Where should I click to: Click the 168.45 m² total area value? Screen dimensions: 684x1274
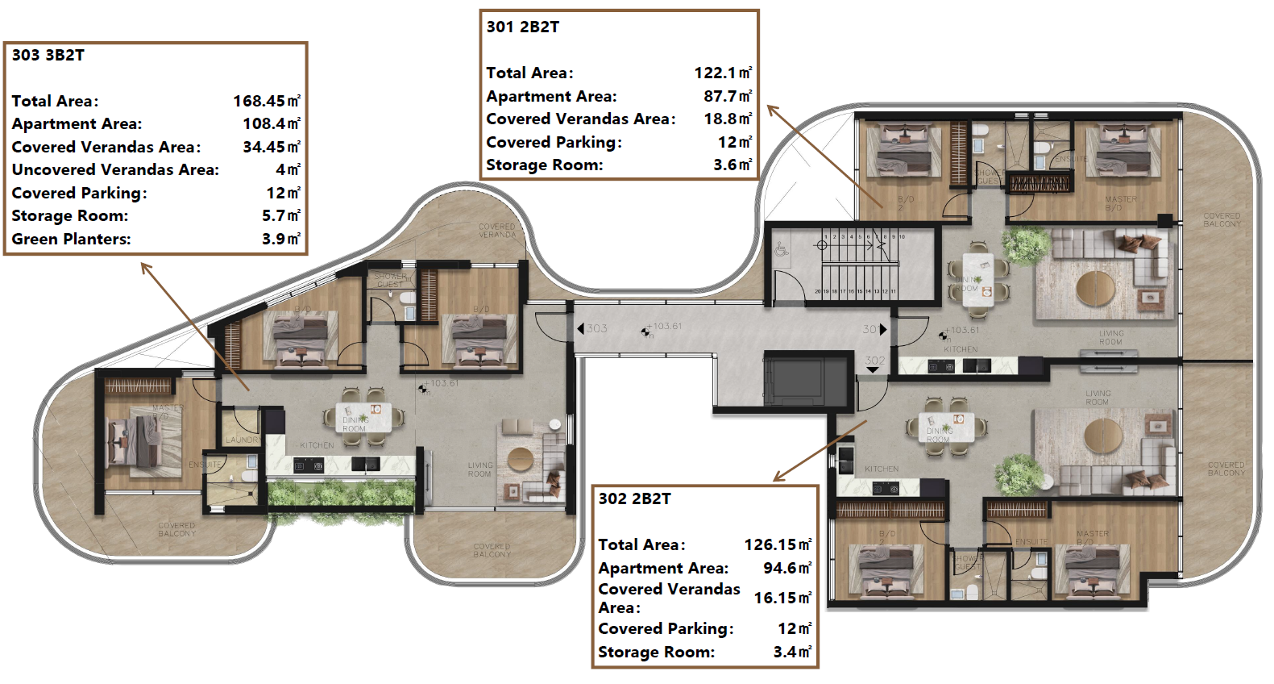tap(266, 101)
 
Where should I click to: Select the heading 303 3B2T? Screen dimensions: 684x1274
tap(48, 55)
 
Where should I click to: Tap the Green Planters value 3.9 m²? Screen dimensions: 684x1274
tap(280, 239)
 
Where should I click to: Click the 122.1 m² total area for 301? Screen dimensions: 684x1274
tap(723, 73)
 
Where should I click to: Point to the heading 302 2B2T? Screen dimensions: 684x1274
tap(634, 498)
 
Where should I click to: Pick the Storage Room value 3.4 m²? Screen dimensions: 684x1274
tap(792, 652)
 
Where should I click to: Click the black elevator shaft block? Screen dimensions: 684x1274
tap(806, 381)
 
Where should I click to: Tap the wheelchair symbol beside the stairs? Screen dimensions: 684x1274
tap(781, 251)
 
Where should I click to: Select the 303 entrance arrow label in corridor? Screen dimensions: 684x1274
tap(592, 328)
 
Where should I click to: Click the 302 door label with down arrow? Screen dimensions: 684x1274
tap(874, 363)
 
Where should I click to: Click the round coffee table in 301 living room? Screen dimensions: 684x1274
tap(1096, 287)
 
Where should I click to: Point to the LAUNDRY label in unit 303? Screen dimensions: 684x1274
tap(243, 440)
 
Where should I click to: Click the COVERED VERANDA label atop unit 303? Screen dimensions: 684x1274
tap(496, 231)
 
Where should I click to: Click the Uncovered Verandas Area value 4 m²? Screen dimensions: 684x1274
tap(288, 169)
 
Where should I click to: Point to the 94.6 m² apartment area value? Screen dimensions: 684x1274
tap(786, 568)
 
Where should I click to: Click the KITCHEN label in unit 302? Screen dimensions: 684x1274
tap(882, 469)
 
